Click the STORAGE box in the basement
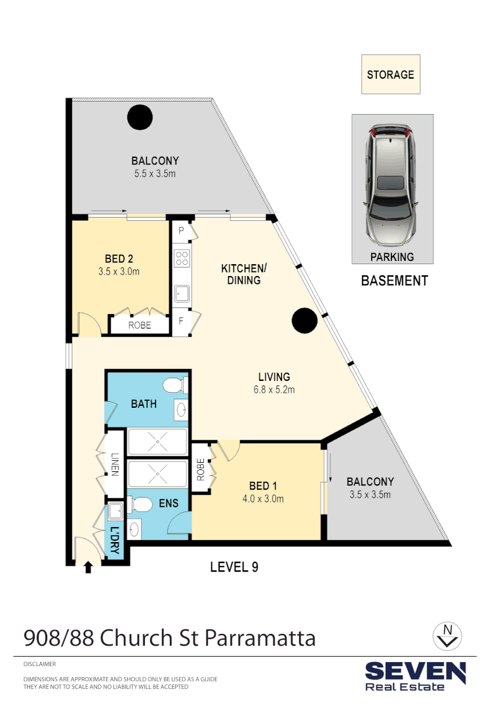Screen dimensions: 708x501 click(390, 74)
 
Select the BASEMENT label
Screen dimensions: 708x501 click(394, 281)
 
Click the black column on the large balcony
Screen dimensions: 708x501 click(140, 118)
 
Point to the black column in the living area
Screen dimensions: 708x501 click(304, 321)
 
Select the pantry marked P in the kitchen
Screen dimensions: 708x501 click(180, 231)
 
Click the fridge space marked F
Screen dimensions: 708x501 click(181, 322)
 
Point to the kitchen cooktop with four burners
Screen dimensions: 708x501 click(181, 258)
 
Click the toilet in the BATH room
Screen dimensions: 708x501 click(174, 385)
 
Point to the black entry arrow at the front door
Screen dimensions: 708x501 click(89, 568)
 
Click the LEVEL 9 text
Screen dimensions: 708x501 click(234, 567)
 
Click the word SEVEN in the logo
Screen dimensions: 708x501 click(415, 671)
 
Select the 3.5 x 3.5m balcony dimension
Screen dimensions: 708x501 click(371, 494)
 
